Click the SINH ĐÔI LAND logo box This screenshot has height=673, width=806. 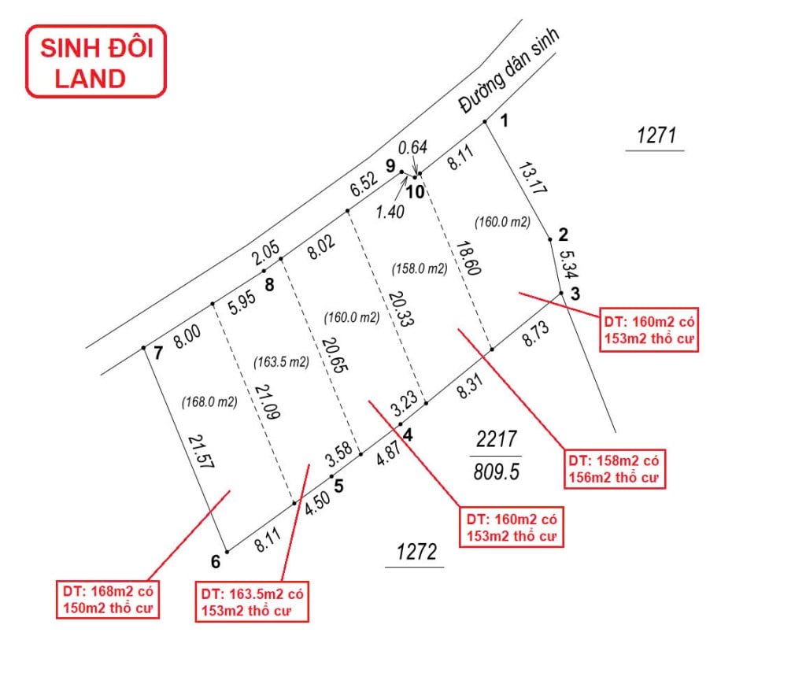96,62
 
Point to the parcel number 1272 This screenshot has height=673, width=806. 414,552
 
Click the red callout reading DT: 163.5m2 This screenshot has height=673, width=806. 252,602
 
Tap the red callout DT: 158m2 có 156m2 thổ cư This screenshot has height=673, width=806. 615,469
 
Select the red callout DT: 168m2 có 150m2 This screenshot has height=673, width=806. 106,599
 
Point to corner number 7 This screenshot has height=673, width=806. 158,353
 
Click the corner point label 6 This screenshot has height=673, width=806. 215,561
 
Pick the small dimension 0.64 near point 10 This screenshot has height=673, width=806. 412,147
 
